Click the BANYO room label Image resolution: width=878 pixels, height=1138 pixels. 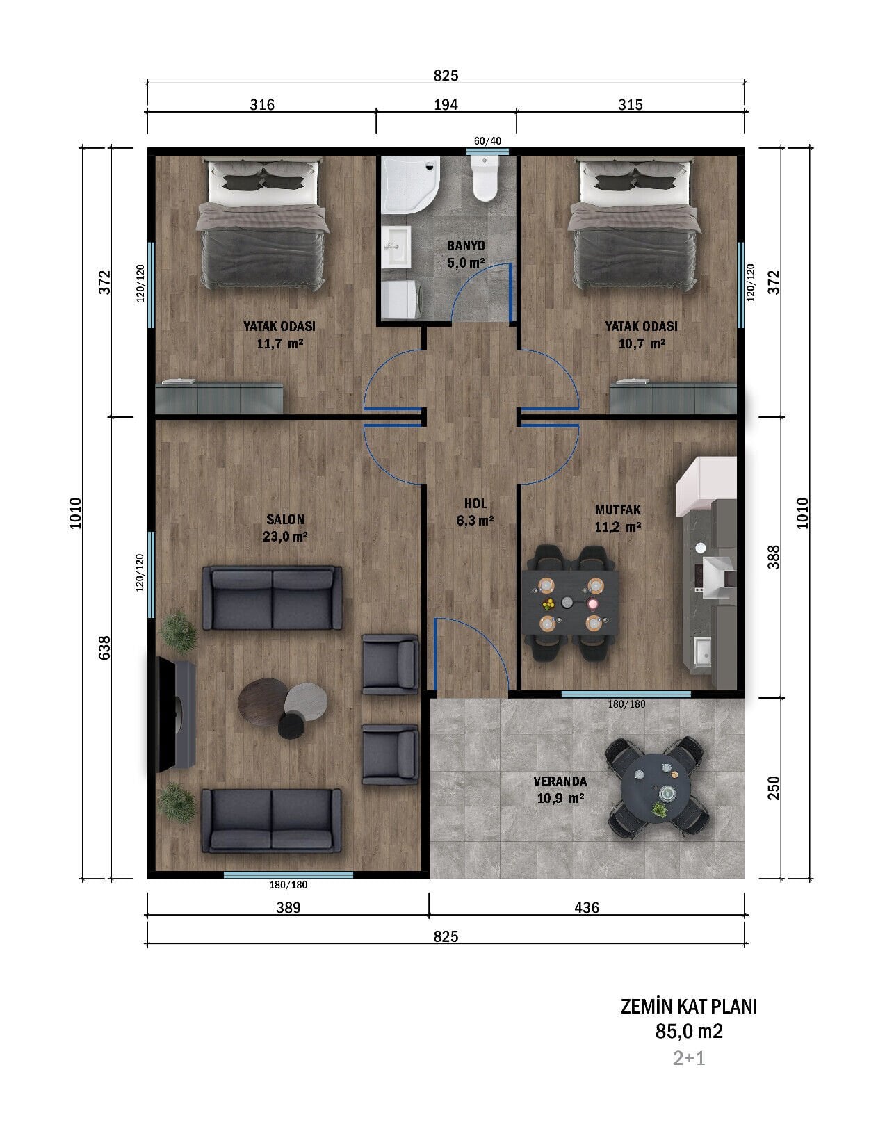click(466, 245)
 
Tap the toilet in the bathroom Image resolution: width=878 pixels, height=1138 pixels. click(485, 179)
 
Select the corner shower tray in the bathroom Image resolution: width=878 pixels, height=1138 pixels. click(410, 184)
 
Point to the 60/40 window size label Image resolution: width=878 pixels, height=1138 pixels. click(487, 141)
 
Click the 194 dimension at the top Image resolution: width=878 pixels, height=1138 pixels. click(446, 105)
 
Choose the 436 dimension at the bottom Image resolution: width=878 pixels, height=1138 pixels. click(587, 907)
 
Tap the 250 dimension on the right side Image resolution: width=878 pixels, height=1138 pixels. click(773, 788)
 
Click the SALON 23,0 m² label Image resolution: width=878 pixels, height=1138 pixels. click(285, 528)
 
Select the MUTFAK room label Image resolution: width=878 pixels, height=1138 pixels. click(618, 509)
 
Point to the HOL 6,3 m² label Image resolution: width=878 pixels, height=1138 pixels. click(475, 512)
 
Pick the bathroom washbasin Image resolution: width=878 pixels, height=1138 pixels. click(396, 247)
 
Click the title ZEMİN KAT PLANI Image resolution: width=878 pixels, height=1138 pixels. click(688, 1006)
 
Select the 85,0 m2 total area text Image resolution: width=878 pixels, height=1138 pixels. click(689, 1031)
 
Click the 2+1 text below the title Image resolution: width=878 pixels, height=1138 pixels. click(689, 1058)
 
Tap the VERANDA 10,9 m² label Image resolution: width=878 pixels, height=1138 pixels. click(560, 790)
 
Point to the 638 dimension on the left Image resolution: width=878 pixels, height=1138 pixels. click(105, 647)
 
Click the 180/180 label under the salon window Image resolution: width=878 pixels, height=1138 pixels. click(288, 884)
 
